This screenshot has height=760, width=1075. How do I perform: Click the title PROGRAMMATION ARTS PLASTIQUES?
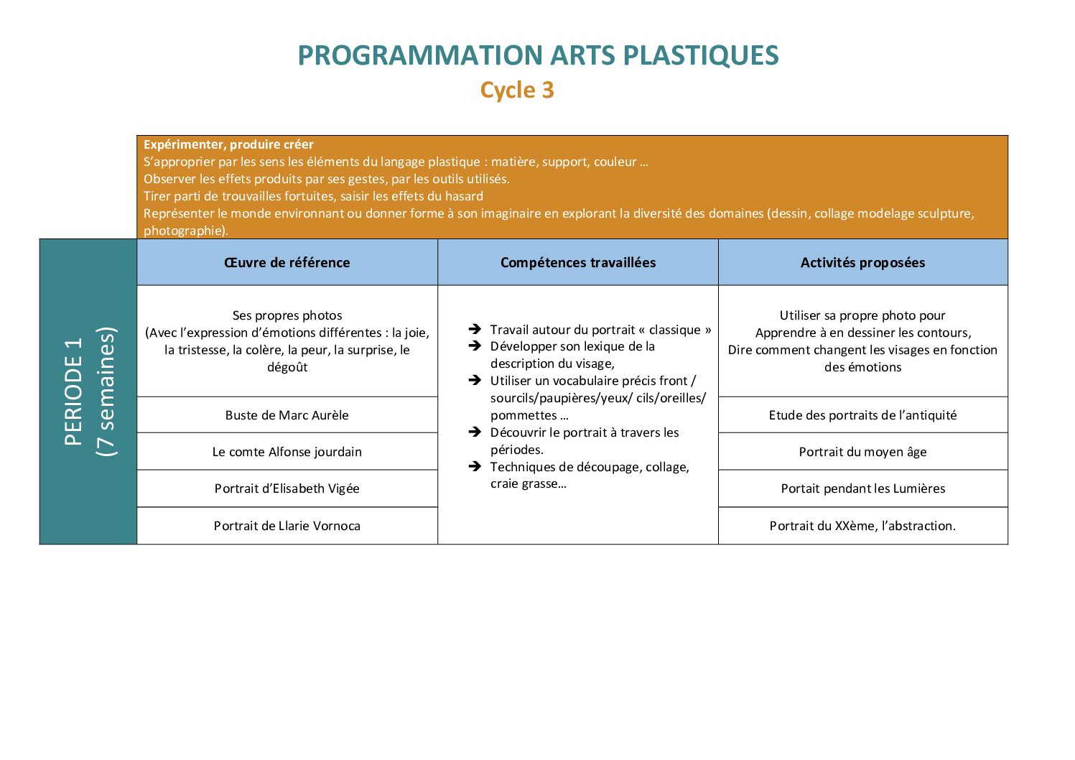coord(538,55)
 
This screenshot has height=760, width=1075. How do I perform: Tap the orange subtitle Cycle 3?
coord(517,91)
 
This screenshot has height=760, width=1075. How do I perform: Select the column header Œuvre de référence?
coord(287,263)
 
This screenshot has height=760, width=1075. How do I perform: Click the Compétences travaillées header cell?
coord(578,263)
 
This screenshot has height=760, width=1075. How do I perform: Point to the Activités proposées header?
coord(863,263)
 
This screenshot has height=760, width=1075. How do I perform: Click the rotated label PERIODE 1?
coord(73,391)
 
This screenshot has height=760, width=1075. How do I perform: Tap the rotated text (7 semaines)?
coord(106,391)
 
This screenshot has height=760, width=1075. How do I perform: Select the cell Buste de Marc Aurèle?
coord(287,415)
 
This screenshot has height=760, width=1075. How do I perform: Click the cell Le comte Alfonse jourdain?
coord(287,452)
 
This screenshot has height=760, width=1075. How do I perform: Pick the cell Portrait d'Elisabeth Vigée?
coord(287,488)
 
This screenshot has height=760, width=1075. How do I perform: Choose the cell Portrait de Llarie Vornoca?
coord(287,527)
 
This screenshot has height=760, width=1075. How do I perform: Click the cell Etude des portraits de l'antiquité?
coord(863,415)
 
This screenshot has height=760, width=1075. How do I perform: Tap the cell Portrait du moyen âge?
coord(863,452)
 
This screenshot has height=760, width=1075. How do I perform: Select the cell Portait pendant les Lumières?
coord(863,488)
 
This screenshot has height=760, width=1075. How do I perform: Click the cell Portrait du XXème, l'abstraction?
coord(863,527)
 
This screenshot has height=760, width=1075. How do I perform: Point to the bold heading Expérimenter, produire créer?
coord(228,144)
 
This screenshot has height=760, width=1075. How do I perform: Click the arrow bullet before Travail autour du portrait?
coord(475,329)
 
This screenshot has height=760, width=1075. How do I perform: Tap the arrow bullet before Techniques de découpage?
coord(475,466)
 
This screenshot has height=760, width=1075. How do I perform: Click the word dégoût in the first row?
coord(287,367)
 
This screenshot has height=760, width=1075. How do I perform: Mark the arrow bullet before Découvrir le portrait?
coord(475,432)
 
